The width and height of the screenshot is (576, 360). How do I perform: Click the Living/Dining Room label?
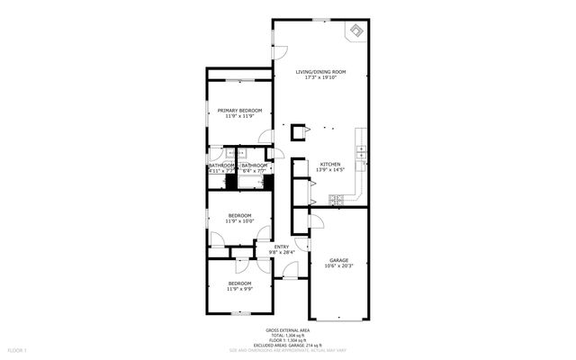point(321,72)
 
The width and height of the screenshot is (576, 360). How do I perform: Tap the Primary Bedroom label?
point(239,111)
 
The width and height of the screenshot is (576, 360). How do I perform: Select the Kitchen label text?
point(330,164)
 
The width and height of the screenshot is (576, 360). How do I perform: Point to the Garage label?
point(338,260)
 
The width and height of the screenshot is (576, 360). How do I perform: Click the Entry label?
point(282,247)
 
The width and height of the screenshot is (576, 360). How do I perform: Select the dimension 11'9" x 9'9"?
point(239,289)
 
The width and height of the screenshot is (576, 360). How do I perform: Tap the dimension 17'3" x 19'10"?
point(321,77)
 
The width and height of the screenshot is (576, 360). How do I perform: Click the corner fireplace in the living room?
point(356,31)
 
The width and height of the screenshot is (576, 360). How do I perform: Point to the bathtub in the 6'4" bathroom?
point(253,183)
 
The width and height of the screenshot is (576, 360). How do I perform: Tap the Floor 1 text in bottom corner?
point(17,349)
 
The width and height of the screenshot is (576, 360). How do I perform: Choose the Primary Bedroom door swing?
point(265,137)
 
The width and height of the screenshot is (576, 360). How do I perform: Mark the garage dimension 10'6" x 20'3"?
point(338,265)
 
